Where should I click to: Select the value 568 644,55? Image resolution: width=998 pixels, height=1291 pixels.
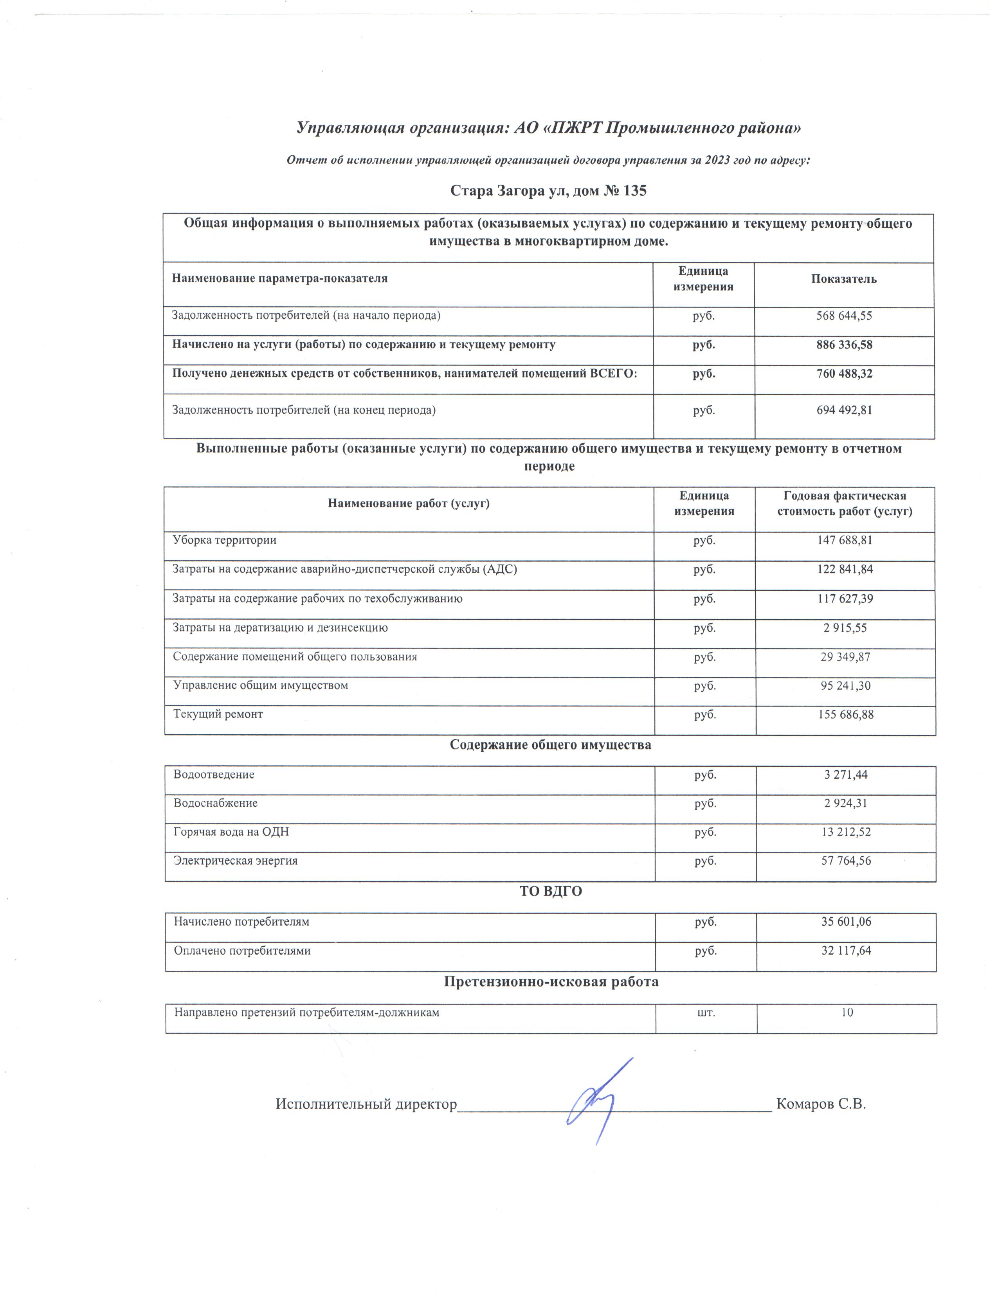click(844, 316)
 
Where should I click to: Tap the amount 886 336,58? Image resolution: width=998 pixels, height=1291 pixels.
click(844, 345)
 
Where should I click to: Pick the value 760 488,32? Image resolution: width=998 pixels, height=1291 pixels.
click(844, 374)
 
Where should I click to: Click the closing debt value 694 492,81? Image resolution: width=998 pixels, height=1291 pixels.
click(844, 410)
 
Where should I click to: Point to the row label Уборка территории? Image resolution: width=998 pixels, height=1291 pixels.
click(224, 540)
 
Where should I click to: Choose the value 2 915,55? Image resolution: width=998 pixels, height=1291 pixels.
click(845, 628)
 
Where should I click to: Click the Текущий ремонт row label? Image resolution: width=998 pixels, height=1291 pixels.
click(218, 714)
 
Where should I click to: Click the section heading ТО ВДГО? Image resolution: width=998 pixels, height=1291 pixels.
click(550, 892)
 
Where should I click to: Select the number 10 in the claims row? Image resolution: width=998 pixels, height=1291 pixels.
click(847, 1012)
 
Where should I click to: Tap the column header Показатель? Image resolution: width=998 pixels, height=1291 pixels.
click(844, 279)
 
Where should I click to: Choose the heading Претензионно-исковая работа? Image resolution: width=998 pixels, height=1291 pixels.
click(550, 982)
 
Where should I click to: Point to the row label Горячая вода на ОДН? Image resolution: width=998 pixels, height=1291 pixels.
click(231, 832)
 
